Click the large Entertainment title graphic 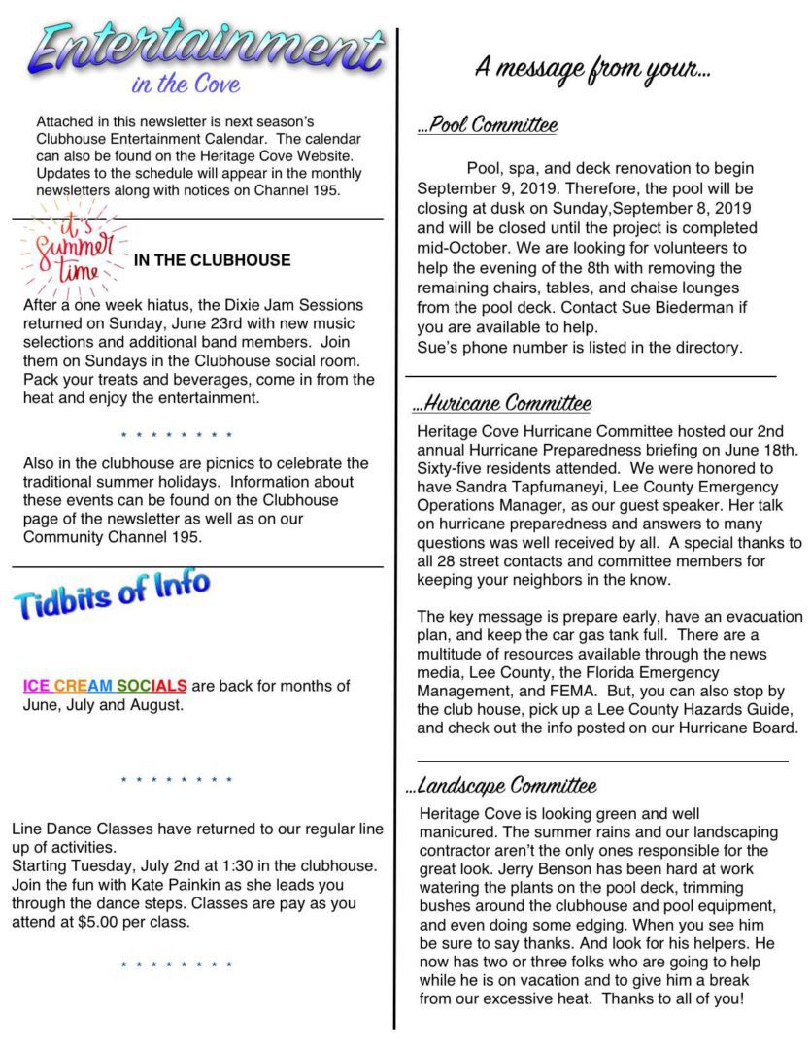(206, 46)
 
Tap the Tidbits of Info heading (111, 593)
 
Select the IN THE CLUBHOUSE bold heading (212, 260)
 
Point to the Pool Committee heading (488, 125)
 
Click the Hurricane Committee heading (503, 403)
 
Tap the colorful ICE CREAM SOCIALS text (105, 686)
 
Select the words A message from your (592, 68)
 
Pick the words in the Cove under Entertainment (186, 85)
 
